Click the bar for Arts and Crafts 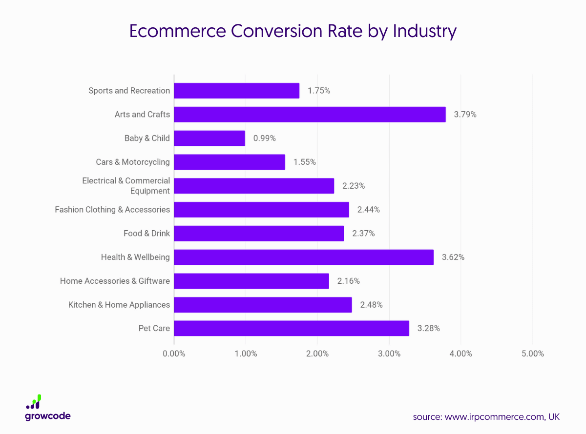[x=310, y=115]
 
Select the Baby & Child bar [x=209, y=138]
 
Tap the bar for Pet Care [x=292, y=329]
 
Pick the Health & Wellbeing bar [x=304, y=257]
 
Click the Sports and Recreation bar [x=237, y=91]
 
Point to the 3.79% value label [x=465, y=115]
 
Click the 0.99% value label [x=264, y=138]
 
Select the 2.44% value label [x=368, y=210]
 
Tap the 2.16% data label [x=348, y=281]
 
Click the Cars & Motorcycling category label [x=133, y=162]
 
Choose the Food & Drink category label [x=146, y=233]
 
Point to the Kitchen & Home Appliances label [x=119, y=305]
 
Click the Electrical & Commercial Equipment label [x=126, y=186]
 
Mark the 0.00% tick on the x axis [x=174, y=354]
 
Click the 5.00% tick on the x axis [x=532, y=354]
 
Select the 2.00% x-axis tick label [x=317, y=354]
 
